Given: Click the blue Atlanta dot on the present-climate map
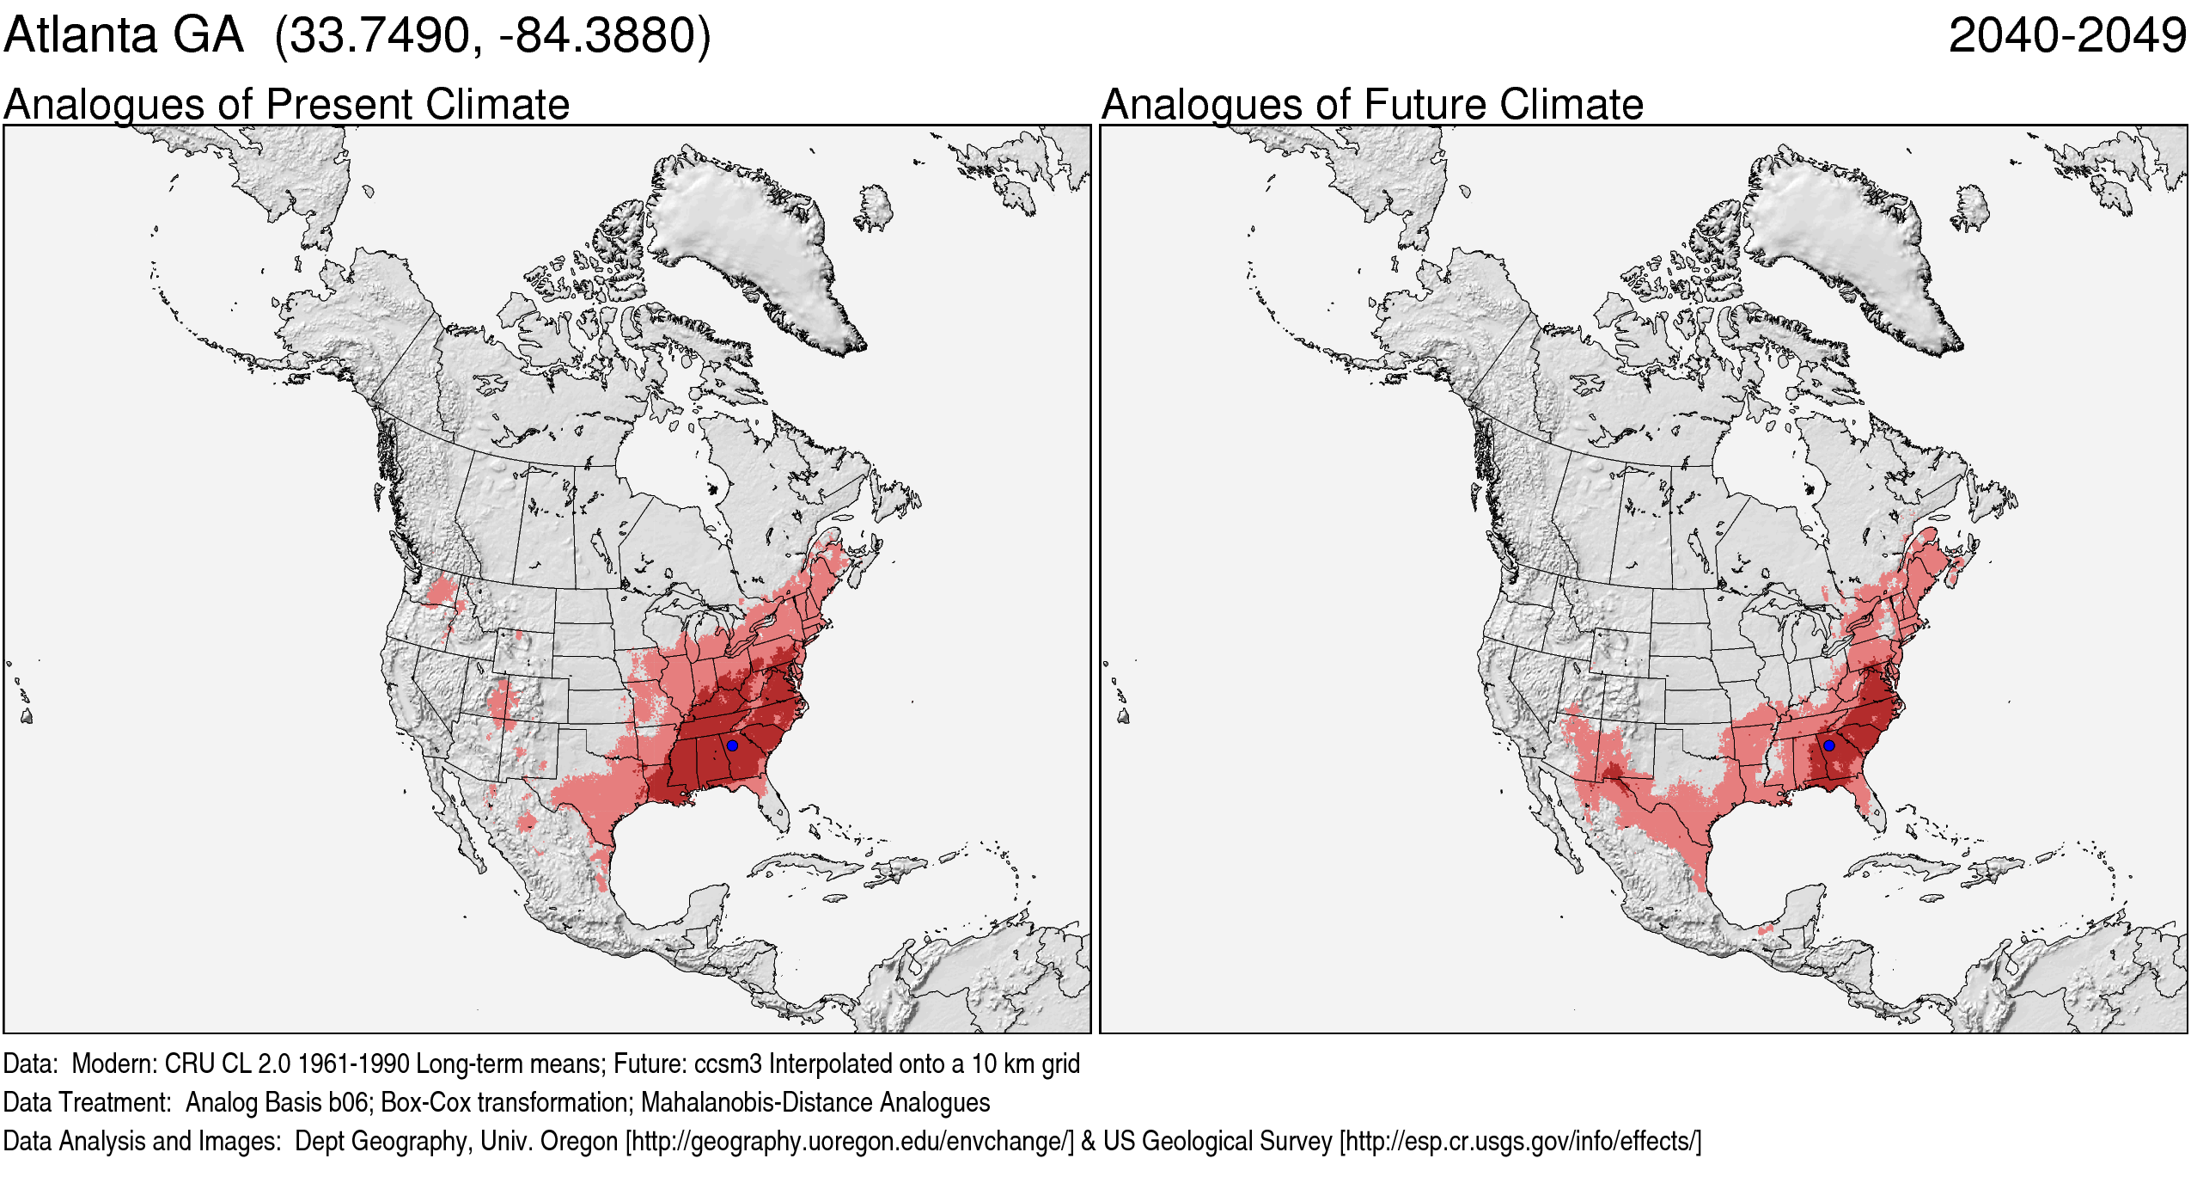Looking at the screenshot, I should [732, 745].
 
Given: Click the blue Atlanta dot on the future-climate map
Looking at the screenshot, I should [1828, 745].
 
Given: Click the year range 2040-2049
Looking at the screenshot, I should [2066, 36].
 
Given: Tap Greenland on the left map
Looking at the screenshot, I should [748, 241].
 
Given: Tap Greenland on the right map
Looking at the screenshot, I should [1844, 241].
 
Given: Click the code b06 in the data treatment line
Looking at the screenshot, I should [351, 1103].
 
